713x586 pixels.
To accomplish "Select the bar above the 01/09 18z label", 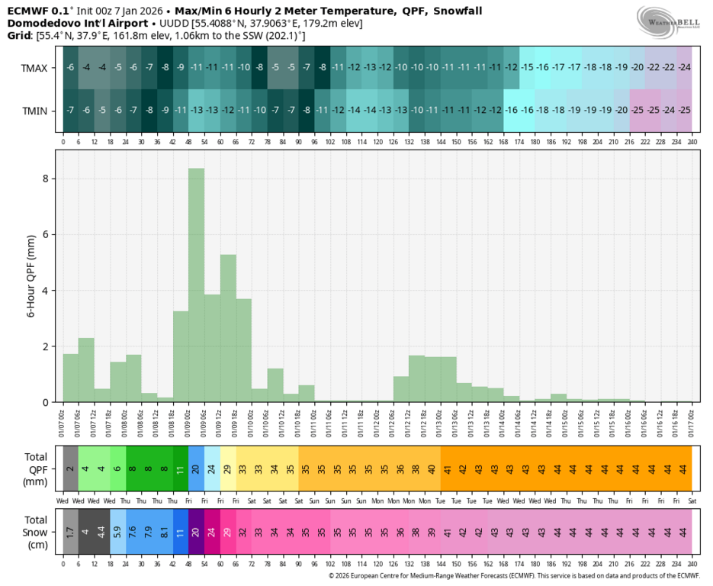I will coord(228,328).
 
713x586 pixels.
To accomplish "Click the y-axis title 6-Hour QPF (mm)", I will coord(33,275).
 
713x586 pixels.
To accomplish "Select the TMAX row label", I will coord(34,68).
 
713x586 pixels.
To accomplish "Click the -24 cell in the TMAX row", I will coord(685,68).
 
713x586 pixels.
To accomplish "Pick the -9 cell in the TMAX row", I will coord(181,68).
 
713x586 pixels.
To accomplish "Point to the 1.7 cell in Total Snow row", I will coord(70,532).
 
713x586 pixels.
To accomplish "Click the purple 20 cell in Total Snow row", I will coord(196,532).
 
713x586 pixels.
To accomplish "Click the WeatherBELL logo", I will coord(669,21).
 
